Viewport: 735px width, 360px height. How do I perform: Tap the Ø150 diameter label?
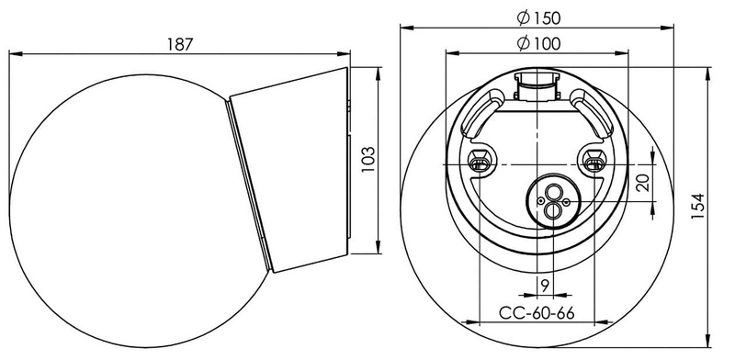537,17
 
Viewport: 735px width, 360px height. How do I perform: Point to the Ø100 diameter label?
537,42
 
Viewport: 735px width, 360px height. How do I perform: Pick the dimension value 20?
642,183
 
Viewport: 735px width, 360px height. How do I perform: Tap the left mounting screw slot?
479,163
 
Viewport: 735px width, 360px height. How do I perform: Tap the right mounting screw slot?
594,163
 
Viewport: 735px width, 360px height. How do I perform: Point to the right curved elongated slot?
592,111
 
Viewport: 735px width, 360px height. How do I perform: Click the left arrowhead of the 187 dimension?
12,54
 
